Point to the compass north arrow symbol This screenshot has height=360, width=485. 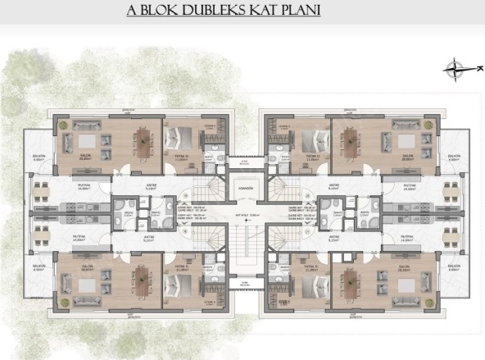click(x=456, y=70)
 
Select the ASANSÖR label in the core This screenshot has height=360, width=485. click(x=242, y=189)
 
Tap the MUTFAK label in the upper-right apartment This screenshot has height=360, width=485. click(x=406, y=186)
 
